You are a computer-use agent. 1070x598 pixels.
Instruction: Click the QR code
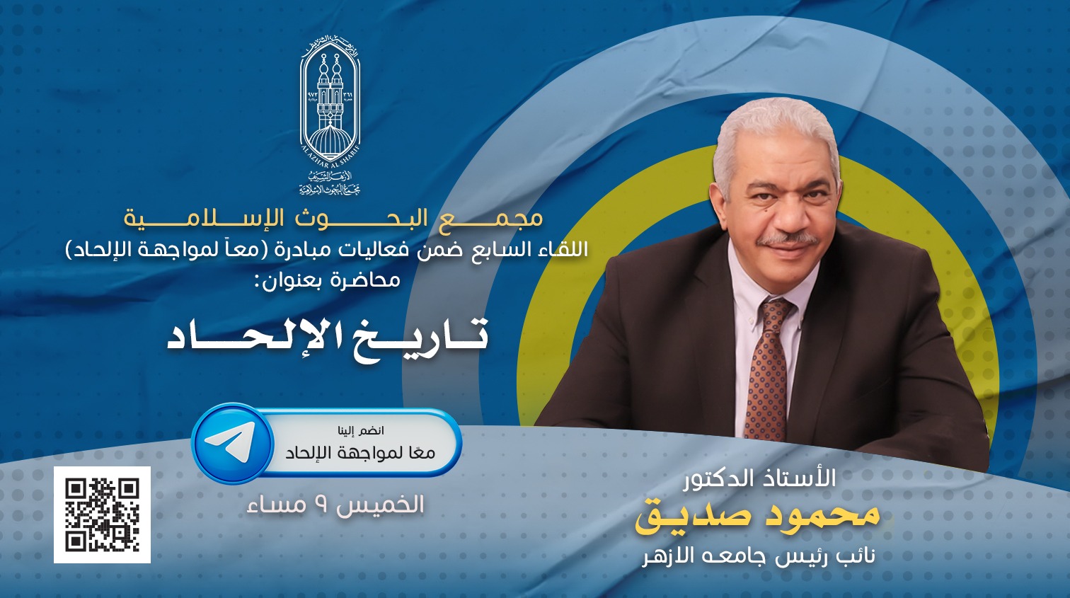102,515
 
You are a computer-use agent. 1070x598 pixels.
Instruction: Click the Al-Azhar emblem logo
330,115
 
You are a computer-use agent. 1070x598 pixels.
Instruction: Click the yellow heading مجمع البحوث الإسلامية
333,218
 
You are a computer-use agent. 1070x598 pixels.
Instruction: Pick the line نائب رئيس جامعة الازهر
759,556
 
